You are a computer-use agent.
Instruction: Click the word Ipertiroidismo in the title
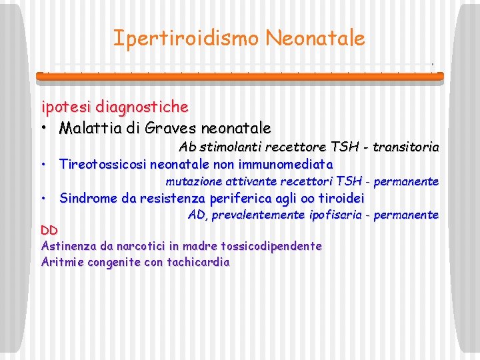(186, 38)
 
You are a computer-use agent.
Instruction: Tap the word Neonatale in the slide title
(315, 38)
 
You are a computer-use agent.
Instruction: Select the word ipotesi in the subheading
(66, 107)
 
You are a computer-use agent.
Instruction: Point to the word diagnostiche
(141, 107)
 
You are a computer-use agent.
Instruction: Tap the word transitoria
(406, 147)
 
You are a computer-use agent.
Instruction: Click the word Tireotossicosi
(103, 163)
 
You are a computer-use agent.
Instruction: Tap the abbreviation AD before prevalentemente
(197, 215)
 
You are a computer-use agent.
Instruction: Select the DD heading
(49, 231)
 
